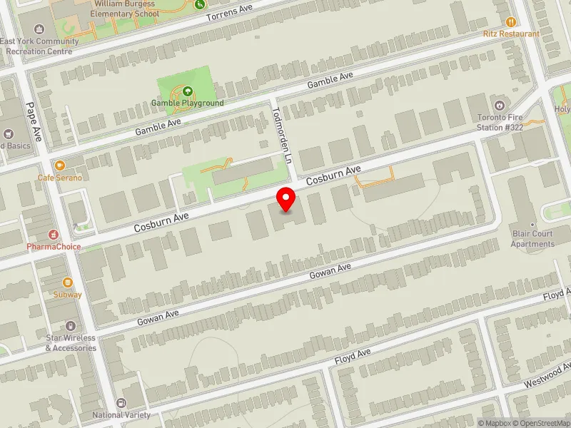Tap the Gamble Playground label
(x=187, y=103)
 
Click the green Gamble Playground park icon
(x=187, y=91)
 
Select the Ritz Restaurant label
(x=511, y=34)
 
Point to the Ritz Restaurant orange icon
(x=510, y=22)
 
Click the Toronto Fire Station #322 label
(x=501, y=122)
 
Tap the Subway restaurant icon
(x=67, y=282)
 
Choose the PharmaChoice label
(x=54, y=247)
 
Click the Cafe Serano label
(x=60, y=177)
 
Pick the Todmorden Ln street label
(x=285, y=136)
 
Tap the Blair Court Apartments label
(x=532, y=239)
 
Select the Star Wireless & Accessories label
(x=71, y=343)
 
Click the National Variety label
(x=121, y=414)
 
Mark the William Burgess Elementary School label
(x=126, y=8)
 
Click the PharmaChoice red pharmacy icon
(x=53, y=234)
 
